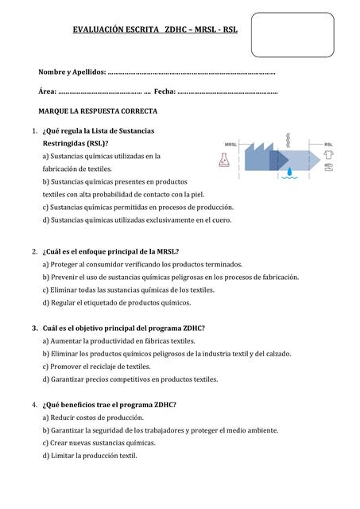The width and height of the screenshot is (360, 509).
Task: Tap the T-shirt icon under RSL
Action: coord(328,157)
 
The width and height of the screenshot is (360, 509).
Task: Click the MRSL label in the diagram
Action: coord(231,144)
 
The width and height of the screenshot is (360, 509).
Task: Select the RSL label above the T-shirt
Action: coord(328,144)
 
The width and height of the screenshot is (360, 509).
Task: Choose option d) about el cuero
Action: coord(137,220)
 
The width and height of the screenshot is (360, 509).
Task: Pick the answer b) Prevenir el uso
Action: coord(170,277)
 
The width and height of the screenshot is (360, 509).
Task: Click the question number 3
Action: coord(35,328)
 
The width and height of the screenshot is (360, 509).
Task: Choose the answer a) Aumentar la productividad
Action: coord(118,340)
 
